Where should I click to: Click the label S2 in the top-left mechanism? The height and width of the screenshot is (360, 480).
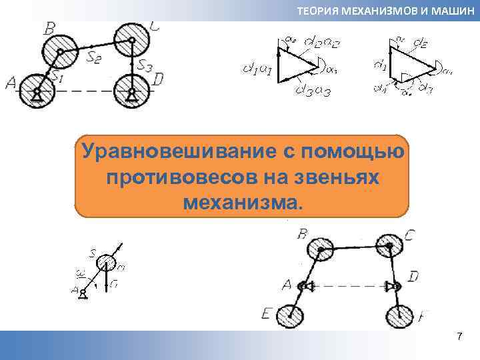93,57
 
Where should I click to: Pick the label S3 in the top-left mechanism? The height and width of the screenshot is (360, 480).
145,65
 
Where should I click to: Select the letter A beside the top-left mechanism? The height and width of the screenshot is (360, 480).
10,83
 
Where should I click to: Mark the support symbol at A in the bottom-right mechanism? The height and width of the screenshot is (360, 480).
305,286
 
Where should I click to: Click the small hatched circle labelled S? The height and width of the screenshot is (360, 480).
108,260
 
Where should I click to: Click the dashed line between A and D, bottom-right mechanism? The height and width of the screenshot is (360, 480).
350,286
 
